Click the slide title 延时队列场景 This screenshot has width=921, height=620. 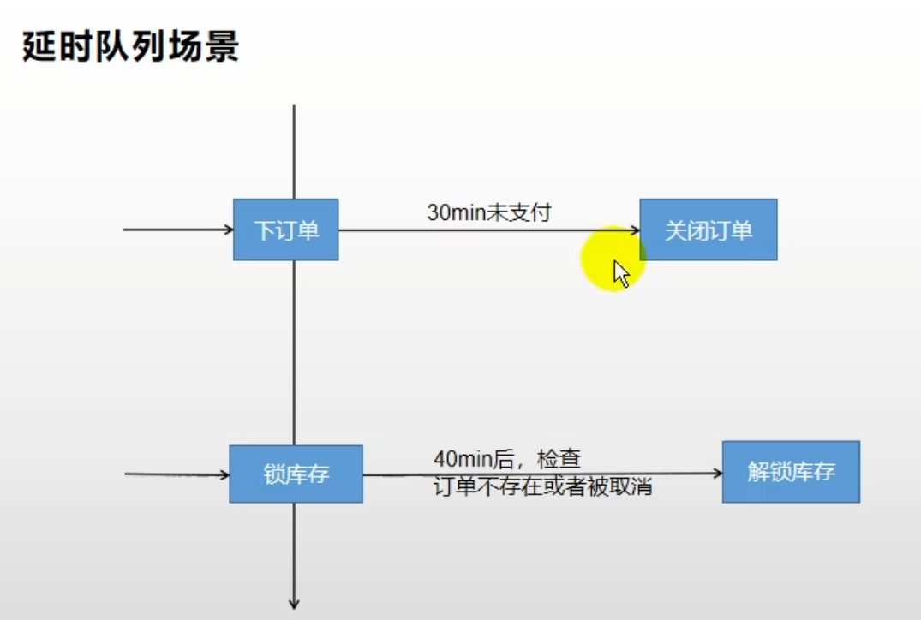(x=130, y=47)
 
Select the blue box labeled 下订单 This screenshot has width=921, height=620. (x=285, y=230)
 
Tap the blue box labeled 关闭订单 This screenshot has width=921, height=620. (x=709, y=230)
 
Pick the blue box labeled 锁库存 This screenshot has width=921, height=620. (x=296, y=474)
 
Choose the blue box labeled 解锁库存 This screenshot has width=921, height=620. (x=791, y=471)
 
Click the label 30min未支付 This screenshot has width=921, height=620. (x=488, y=212)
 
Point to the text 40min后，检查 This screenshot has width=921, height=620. (x=507, y=459)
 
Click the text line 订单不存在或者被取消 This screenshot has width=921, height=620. (x=542, y=487)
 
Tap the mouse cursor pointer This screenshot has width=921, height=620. (x=621, y=273)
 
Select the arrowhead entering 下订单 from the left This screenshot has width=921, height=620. (x=229, y=230)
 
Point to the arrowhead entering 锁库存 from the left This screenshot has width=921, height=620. (x=224, y=474)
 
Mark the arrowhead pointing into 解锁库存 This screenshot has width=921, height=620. (x=717, y=473)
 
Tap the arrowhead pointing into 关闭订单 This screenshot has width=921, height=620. (x=635, y=230)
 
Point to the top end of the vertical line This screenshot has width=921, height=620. (x=294, y=107)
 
